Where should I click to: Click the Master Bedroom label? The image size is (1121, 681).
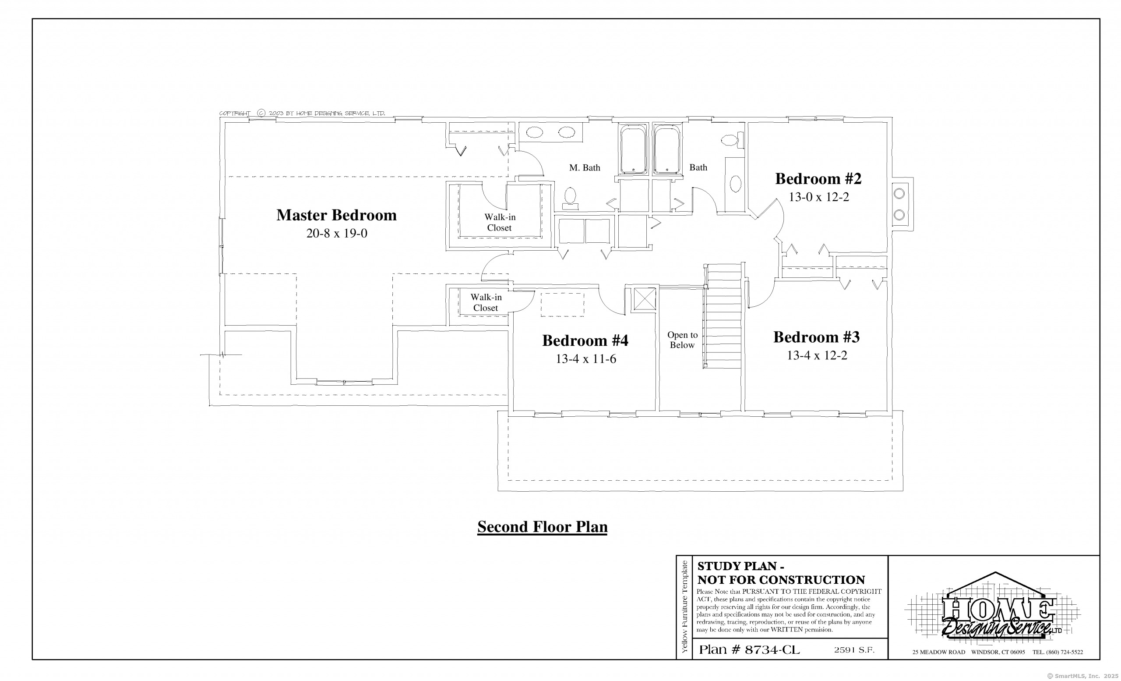point(336,215)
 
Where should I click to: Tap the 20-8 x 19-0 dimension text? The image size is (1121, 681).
point(337,234)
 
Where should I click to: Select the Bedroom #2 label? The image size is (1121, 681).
point(818,179)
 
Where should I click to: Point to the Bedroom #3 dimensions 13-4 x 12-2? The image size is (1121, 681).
point(817,355)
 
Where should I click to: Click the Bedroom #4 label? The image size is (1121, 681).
point(585,340)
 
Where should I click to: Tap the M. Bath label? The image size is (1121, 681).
point(585,168)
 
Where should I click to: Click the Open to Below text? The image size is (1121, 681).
point(682,340)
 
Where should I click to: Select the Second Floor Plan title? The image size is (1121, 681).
point(542,527)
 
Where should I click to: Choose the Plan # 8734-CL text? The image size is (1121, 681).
point(749,649)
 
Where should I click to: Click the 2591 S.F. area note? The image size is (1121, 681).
point(854,650)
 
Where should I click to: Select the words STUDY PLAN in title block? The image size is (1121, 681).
point(737,566)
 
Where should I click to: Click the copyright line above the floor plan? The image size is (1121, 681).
point(302,113)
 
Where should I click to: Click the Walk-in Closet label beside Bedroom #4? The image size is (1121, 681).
point(486,303)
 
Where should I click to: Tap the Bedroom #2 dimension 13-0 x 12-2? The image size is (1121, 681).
point(819,197)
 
